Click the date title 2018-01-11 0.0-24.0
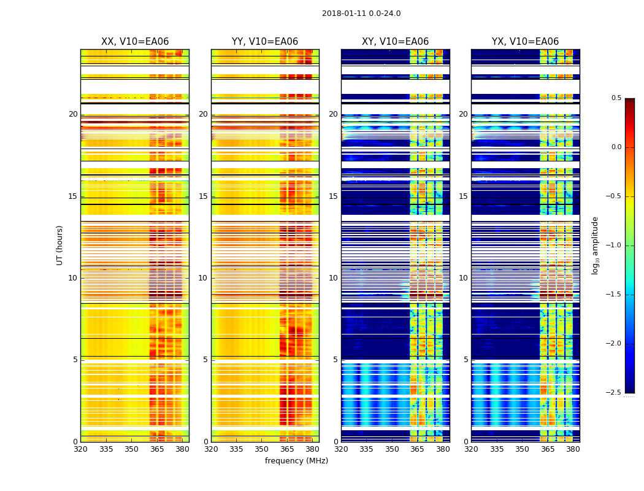point(361,14)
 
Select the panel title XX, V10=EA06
point(134,42)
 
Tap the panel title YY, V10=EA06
point(265,42)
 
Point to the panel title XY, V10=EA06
point(395,42)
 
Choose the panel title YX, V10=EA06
point(525,42)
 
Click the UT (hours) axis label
point(60,245)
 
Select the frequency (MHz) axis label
point(296,461)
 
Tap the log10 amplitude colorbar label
point(595,245)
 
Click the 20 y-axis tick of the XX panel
point(73,114)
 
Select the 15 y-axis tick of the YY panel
point(204,196)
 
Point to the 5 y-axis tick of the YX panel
point(466,360)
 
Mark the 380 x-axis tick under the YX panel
point(573,449)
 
